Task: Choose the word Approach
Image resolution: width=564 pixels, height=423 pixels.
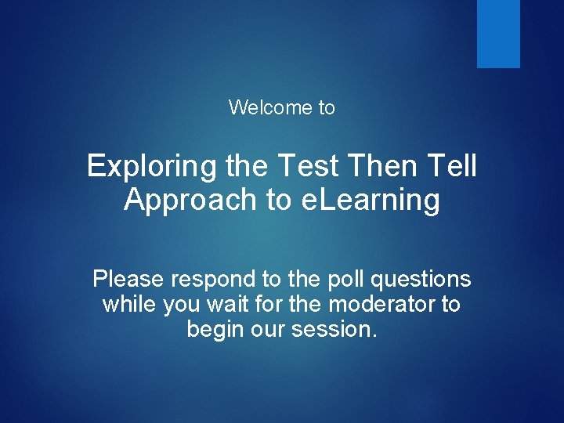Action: click(190, 201)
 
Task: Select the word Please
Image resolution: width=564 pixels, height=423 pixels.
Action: click(130, 279)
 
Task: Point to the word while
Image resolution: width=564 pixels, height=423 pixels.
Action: click(129, 304)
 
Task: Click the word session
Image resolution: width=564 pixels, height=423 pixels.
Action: click(334, 330)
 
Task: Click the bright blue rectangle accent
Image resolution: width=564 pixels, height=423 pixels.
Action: click(498, 34)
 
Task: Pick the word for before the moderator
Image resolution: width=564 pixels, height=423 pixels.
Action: click(274, 304)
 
